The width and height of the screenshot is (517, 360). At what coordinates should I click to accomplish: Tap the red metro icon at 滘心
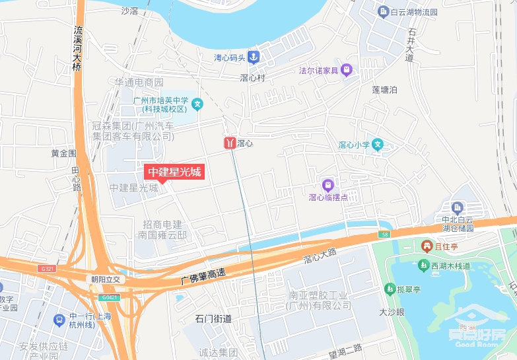[229, 143]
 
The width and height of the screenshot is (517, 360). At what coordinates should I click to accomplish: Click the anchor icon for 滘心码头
[254, 57]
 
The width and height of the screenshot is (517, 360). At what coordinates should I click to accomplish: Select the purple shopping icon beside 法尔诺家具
[347, 70]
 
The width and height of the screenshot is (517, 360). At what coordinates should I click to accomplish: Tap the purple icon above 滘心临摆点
[327, 184]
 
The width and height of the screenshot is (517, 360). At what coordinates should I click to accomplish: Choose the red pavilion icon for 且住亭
[427, 246]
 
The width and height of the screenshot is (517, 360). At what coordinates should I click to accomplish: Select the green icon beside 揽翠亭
[390, 289]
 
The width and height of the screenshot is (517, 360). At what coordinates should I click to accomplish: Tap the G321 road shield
[46, 269]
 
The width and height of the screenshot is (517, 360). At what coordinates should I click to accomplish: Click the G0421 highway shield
[108, 298]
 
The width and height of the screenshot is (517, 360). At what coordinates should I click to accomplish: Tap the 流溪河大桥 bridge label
[79, 49]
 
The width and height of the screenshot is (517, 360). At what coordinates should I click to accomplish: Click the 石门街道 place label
[213, 319]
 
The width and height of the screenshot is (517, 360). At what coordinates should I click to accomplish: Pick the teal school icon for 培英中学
[197, 104]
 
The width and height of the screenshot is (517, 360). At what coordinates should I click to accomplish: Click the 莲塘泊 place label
[384, 90]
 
